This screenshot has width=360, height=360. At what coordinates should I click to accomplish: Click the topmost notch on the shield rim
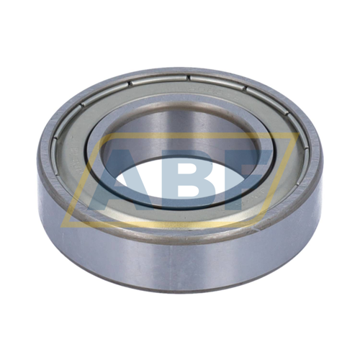click(x=189, y=77)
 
